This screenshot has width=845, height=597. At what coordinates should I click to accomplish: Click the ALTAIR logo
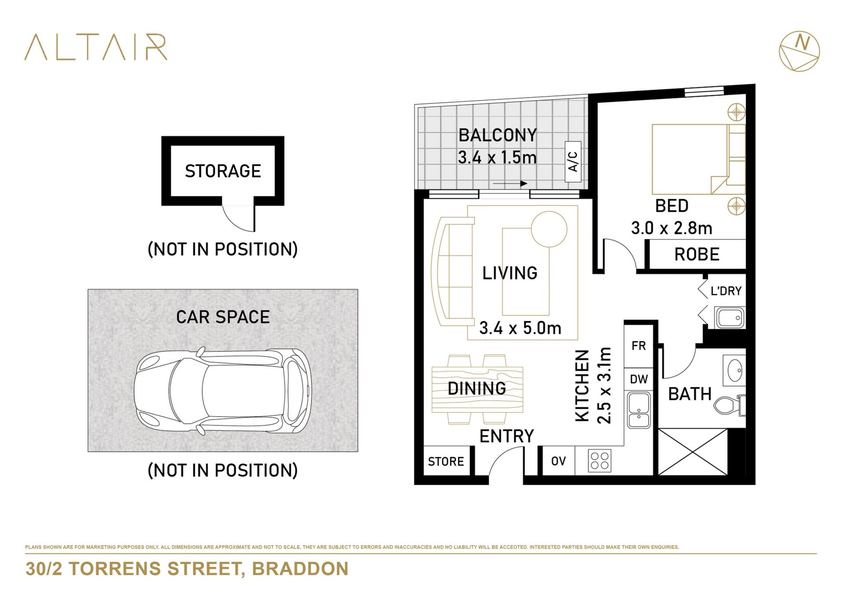click(x=96, y=47)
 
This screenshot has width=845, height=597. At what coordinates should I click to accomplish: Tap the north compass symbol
click(x=799, y=51)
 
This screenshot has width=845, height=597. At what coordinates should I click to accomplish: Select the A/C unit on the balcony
click(x=573, y=161)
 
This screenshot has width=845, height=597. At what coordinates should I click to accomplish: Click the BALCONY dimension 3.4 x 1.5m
click(x=497, y=157)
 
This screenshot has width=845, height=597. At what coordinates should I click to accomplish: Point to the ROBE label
click(x=697, y=254)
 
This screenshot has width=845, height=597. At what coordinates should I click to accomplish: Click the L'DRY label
click(x=726, y=291)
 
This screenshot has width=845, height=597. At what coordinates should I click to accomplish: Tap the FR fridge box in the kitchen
click(x=639, y=346)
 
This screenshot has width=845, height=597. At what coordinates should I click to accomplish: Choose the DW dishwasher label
click(x=639, y=379)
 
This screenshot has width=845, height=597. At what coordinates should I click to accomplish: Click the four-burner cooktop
click(x=599, y=461)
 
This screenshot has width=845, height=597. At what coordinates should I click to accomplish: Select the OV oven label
click(x=558, y=461)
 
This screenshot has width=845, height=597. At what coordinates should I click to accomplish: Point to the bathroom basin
click(x=735, y=370)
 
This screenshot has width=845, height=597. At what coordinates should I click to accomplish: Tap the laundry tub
click(x=730, y=317)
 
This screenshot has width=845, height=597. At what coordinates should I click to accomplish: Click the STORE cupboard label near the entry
click(x=446, y=461)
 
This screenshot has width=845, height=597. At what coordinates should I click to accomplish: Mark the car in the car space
click(x=223, y=391)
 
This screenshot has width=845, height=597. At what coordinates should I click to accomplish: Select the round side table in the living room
click(x=549, y=229)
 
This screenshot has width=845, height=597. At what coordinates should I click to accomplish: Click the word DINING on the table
click(x=477, y=388)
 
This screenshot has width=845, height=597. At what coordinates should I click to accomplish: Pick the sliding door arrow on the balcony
click(x=510, y=183)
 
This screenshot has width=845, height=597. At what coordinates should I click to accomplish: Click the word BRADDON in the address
click(x=300, y=569)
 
